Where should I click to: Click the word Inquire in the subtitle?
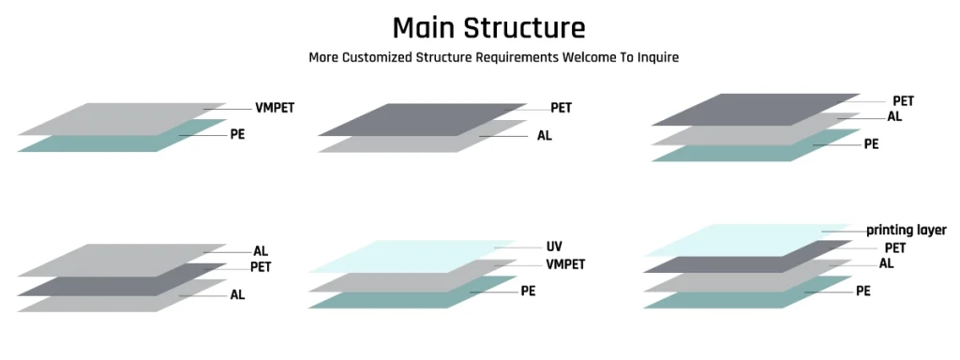tap(655, 57)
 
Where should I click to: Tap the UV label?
tap(554, 247)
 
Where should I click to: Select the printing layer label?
tap(906, 230)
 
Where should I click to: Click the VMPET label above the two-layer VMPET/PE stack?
tap(275, 108)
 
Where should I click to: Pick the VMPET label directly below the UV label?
tap(565, 264)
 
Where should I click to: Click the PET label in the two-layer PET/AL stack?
tap(561, 108)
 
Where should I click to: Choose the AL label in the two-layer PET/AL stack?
tap(545, 135)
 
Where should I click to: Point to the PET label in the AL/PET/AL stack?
tap(260, 267)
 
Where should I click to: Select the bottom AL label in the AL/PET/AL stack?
tap(237, 294)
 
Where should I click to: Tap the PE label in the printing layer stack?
tap(862, 291)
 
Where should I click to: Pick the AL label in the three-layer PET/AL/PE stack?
tap(894, 117)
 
